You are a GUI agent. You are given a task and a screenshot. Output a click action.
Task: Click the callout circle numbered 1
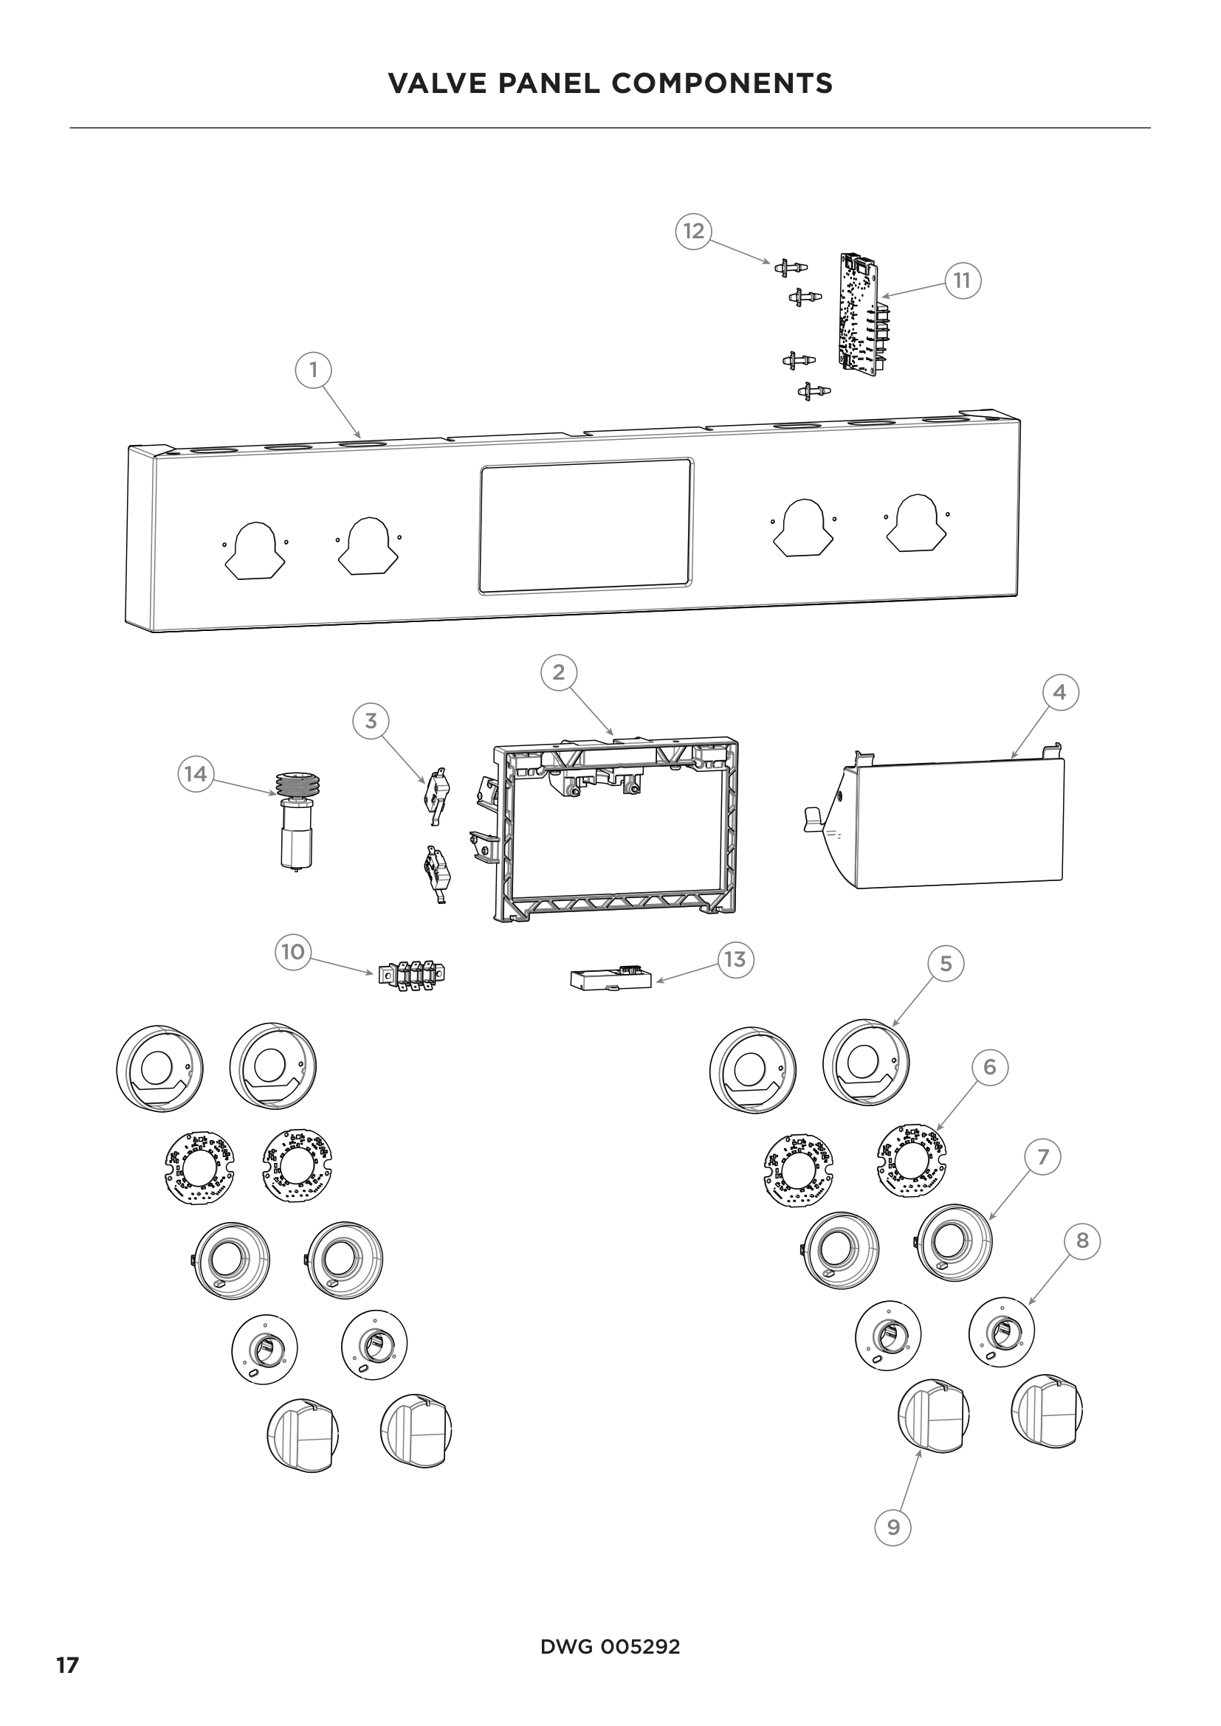click(x=314, y=370)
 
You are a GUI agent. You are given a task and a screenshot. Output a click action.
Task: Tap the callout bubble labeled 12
click(x=693, y=231)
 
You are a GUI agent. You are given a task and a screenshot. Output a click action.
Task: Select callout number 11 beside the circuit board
click(x=963, y=281)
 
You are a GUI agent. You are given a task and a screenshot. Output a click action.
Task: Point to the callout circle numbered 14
click(x=196, y=773)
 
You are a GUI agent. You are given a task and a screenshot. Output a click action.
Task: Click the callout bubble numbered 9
click(x=893, y=1527)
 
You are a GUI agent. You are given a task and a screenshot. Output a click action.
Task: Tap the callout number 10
click(x=292, y=953)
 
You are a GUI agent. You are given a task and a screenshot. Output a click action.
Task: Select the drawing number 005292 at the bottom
click(x=640, y=1647)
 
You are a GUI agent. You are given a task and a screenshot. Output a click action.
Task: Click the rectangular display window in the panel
click(x=585, y=525)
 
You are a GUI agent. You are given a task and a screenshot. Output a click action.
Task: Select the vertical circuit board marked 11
click(x=859, y=314)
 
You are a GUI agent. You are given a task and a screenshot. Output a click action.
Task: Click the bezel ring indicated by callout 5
click(x=865, y=1062)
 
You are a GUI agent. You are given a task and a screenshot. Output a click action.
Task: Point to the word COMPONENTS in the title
click(x=722, y=83)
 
